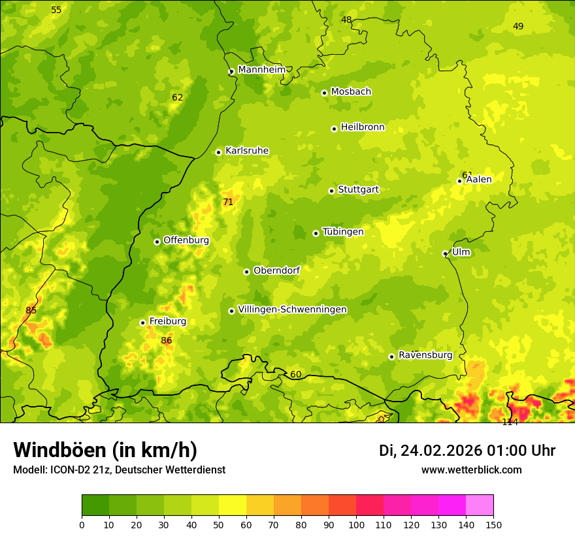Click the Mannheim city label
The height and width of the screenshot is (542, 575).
click(261, 70)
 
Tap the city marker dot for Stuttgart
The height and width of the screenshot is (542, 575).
click(331, 191)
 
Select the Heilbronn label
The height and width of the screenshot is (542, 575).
click(363, 127)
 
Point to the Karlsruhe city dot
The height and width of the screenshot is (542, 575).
click(218, 152)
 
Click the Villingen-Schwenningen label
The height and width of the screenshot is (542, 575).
click(292, 310)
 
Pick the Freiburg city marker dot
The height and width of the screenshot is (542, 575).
click(142, 323)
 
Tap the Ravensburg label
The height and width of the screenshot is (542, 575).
click(425, 355)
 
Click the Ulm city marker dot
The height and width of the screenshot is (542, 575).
click(445, 253)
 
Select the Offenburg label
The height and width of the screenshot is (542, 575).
click(186, 240)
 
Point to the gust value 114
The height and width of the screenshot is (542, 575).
click(510, 422)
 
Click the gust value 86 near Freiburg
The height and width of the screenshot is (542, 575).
click(167, 341)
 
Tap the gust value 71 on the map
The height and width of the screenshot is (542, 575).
click(228, 202)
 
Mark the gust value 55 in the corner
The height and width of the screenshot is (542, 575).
click(56, 10)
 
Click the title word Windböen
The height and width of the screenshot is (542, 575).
click(59, 450)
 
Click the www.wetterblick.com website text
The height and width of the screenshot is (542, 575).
click(471, 470)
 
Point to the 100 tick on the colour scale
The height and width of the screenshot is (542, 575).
click(356, 524)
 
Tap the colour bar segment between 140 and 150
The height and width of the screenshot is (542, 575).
click(480, 505)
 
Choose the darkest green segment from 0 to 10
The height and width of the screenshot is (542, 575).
click(95, 505)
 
